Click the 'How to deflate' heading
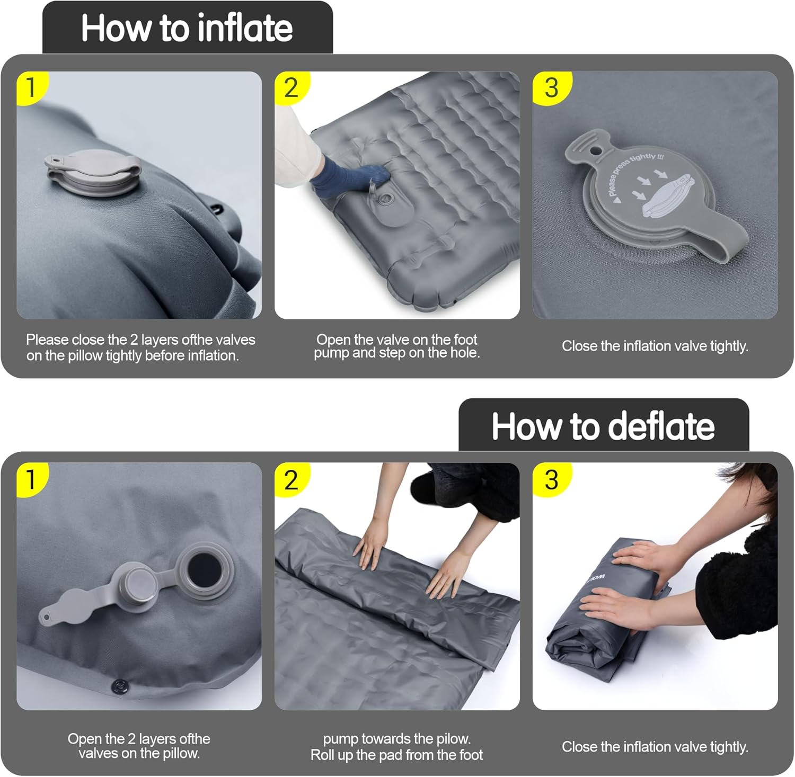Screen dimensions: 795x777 603,426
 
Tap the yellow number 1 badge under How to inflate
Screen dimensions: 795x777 31,87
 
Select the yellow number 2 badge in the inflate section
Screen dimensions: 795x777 291,87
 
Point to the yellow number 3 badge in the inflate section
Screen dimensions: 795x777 551,87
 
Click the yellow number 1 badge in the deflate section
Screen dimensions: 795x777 31,479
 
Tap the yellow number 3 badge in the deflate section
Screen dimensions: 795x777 551,479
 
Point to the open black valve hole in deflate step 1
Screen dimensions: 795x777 204,569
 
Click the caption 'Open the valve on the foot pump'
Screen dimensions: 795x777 396,346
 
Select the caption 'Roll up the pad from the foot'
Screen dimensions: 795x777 396,755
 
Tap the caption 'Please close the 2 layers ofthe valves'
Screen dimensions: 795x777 140,340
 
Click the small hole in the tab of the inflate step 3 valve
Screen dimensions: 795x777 597,151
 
